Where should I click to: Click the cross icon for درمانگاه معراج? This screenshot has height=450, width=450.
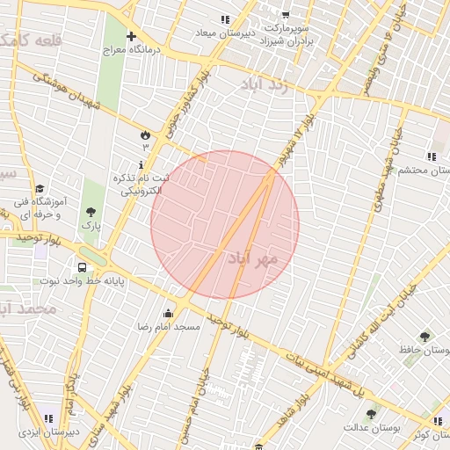131,37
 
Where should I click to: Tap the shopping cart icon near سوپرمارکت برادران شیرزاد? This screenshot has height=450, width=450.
286,14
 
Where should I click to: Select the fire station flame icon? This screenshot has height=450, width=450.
145,134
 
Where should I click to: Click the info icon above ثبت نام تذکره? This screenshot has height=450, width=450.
141,164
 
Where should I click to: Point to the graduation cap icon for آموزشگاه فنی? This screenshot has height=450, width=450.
40,189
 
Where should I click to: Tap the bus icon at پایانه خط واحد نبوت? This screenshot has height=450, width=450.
82,267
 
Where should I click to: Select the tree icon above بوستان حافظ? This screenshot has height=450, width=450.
425,337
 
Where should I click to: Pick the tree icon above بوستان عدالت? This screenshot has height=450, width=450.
371,413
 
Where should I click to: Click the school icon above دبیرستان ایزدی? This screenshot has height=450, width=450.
47,418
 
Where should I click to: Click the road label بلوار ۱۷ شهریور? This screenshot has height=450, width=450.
296,142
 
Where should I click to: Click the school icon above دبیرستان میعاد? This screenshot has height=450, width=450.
226,19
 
